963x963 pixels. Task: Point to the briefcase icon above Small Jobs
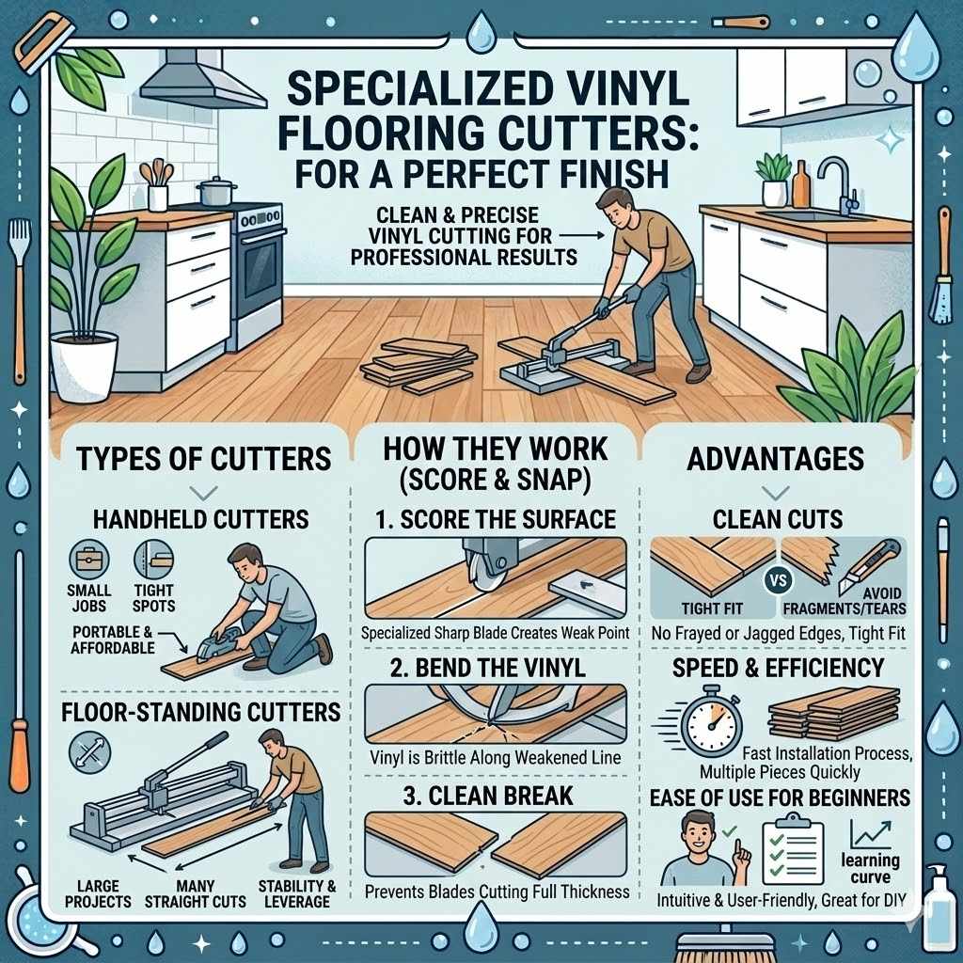click(x=89, y=558)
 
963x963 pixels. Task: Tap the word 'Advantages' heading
click(x=776, y=459)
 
